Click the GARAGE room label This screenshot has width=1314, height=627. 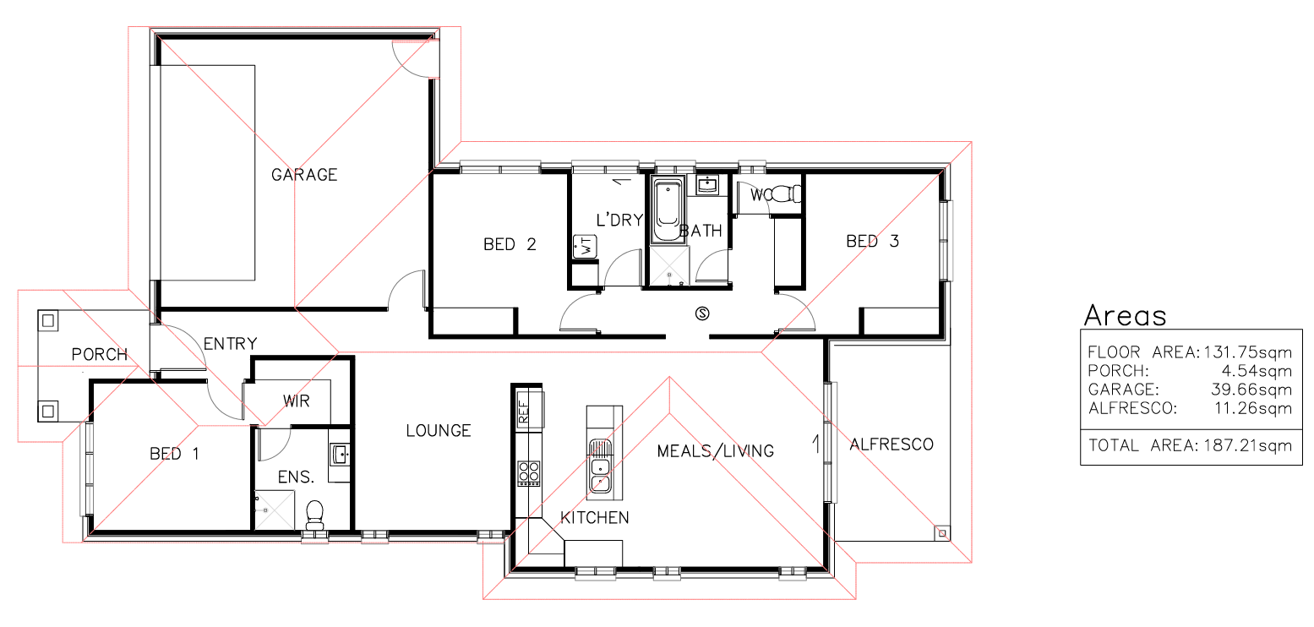304,175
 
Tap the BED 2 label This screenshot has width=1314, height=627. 510,244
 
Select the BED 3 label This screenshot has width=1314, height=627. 872,241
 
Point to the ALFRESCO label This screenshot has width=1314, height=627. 891,444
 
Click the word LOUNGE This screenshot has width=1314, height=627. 439,431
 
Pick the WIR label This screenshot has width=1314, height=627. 297,401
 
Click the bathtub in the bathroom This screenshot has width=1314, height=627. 668,210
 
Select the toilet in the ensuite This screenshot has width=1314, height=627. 315,514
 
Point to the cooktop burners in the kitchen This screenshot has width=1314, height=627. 528,472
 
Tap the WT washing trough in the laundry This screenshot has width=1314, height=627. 586,247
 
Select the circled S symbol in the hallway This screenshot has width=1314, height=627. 702,313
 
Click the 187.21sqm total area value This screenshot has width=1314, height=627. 1248,446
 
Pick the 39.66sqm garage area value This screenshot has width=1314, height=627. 1251,390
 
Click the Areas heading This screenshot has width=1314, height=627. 1125,315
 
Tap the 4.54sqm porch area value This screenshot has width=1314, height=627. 1257,371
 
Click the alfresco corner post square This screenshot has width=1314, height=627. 942,533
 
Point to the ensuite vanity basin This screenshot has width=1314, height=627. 340,455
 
